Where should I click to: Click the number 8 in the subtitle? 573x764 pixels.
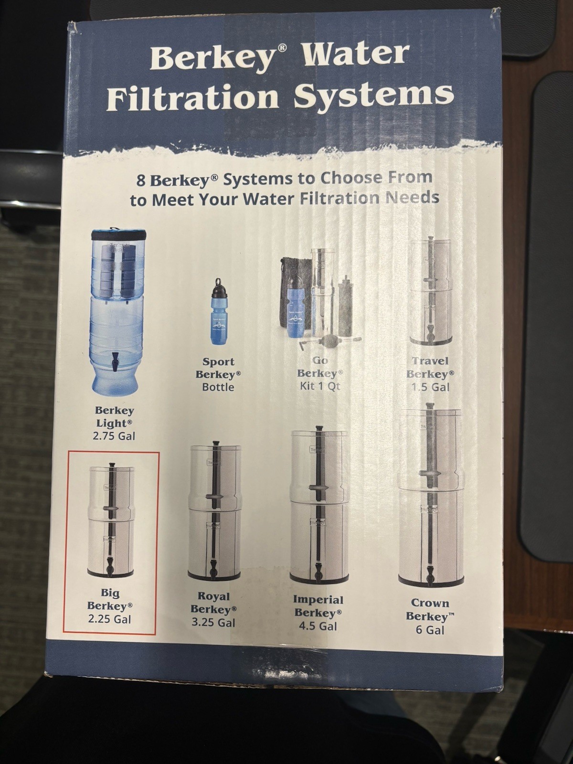coord(141,181)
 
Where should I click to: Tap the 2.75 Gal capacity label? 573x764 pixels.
coord(115,435)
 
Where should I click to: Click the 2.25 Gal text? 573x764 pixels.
coord(110,619)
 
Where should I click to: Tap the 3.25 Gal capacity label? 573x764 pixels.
coord(214,623)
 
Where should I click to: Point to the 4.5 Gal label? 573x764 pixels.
coord(318,626)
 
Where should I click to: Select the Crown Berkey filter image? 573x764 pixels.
coord(430,497)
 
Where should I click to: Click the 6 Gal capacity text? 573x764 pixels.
coord(430,630)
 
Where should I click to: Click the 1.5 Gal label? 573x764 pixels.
coord(430,387)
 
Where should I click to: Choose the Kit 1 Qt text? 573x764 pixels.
coord(320,386)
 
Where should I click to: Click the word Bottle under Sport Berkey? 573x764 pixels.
coord(218,387)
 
